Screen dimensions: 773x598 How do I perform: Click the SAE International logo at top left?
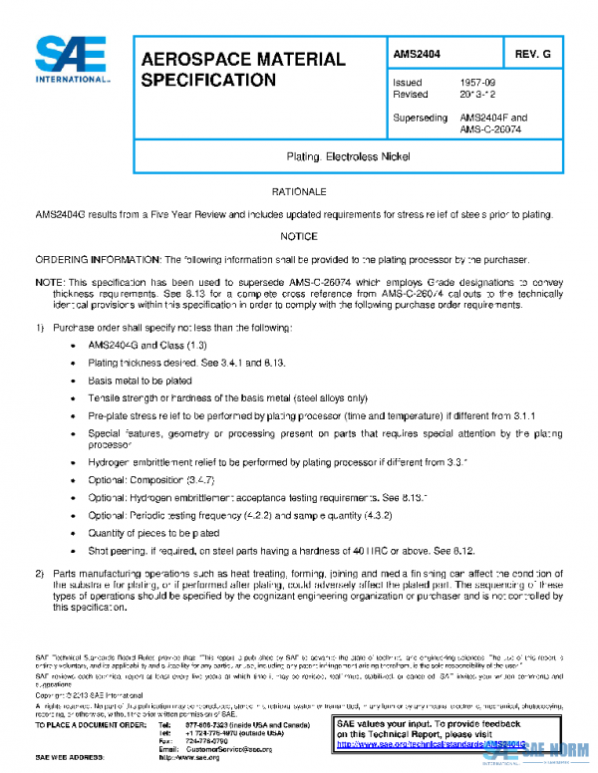pyautogui.click(x=71, y=60)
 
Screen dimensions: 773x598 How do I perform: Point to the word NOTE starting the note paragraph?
pyautogui.click(x=48, y=283)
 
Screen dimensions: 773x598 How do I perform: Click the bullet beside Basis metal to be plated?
pyautogui.click(x=77, y=380)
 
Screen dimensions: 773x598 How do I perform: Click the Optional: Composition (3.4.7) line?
pyautogui.click(x=152, y=479)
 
